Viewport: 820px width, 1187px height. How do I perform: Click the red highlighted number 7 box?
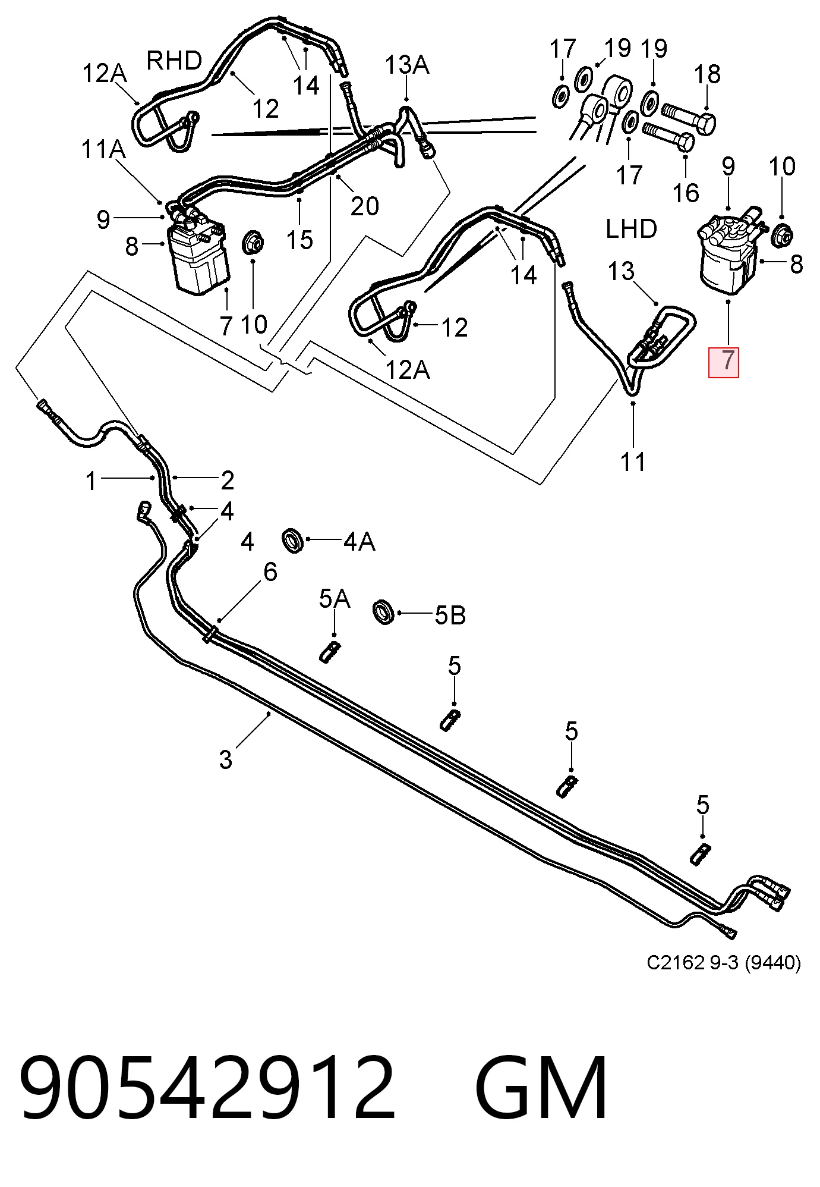point(723,362)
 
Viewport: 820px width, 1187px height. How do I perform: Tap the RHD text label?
point(174,61)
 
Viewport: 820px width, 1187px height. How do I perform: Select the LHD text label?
point(631,228)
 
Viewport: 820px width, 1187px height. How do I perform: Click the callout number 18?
point(707,74)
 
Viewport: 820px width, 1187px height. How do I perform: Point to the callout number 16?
point(687,192)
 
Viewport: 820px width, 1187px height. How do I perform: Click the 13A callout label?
point(408,64)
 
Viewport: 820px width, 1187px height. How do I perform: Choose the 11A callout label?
point(103,149)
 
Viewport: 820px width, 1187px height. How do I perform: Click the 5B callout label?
point(450,616)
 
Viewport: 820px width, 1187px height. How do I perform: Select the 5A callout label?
point(335,599)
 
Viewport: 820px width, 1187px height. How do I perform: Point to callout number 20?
point(364,206)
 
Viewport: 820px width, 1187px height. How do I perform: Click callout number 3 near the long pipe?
point(226,759)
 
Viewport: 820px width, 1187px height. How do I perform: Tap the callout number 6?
point(270,572)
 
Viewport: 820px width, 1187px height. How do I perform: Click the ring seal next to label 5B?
point(384,613)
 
